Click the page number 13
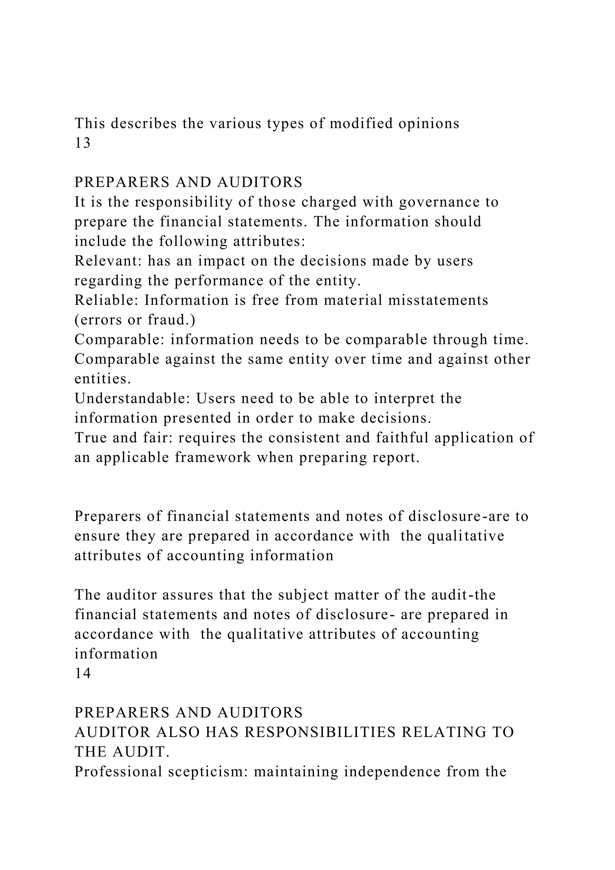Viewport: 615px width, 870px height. (x=83, y=143)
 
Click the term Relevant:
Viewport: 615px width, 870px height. (x=108, y=261)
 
